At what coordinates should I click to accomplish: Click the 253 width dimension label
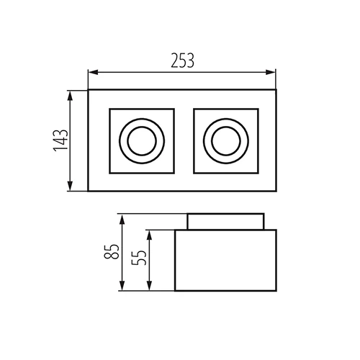(x=182, y=60)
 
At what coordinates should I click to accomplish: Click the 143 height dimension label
(x=60, y=140)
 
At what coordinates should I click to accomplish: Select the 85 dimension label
(x=112, y=251)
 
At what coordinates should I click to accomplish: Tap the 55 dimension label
(x=139, y=258)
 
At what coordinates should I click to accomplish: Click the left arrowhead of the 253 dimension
(x=93, y=72)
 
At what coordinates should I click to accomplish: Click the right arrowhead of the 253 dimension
(x=271, y=72)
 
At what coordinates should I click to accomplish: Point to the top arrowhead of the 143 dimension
(x=70, y=96)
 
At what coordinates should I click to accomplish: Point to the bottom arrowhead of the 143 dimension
(x=70, y=186)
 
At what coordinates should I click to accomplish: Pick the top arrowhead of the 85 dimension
(x=122, y=220)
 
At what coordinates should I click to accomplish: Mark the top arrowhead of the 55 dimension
(x=149, y=235)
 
